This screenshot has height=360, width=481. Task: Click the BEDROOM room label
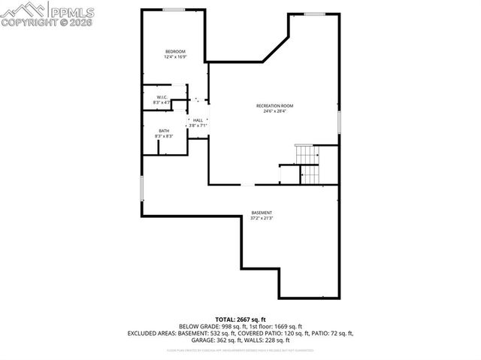[x=175, y=51]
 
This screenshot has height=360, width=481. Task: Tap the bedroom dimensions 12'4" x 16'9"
[x=175, y=56]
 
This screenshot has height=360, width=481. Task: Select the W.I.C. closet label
[x=162, y=97]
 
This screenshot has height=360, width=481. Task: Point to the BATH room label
[x=163, y=131]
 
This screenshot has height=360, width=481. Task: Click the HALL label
[x=198, y=119]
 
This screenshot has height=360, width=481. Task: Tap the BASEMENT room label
[x=262, y=213]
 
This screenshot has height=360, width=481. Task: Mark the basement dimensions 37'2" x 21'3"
[x=262, y=219]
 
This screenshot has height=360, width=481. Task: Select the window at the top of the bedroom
[x=174, y=9]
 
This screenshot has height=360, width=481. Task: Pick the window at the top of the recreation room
[x=315, y=14]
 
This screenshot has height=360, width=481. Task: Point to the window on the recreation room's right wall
[x=339, y=121]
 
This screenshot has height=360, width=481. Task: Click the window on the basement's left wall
[x=141, y=188]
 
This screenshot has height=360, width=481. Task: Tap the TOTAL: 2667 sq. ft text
[x=241, y=319]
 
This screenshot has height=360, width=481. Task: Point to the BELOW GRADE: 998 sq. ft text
[x=212, y=326]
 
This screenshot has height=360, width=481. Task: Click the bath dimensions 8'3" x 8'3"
[x=164, y=136]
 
